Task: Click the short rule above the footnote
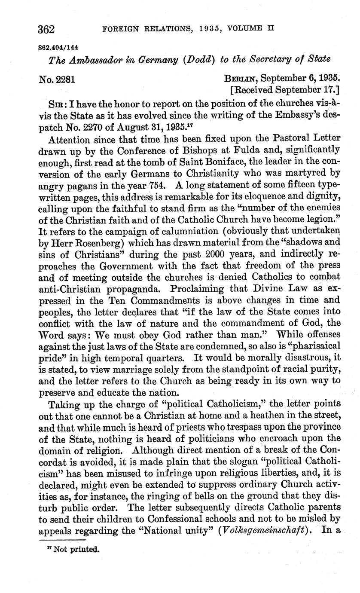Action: pyautogui.click(x=63, y=540)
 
